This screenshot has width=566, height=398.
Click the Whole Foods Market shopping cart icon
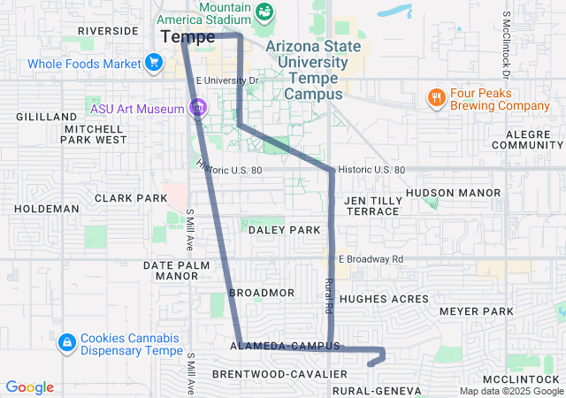point(155,63)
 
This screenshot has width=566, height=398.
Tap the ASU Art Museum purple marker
point(198,109)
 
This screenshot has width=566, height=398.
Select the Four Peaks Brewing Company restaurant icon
point(435,96)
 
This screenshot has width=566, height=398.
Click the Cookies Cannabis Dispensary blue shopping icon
point(66,342)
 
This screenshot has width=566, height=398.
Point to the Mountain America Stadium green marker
point(264,11)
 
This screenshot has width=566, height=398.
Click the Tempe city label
point(188,37)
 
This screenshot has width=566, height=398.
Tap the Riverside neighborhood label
point(108,30)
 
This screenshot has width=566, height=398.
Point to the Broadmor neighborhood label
point(261,292)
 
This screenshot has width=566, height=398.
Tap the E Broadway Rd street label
point(371,259)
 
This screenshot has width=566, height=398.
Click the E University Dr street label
point(226,80)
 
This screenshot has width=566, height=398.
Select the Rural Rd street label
point(328,296)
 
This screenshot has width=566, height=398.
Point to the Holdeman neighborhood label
point(47,209)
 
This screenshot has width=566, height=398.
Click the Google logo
point(29,387)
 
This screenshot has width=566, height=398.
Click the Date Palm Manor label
point(177,270)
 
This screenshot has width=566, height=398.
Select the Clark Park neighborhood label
point(131,198)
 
